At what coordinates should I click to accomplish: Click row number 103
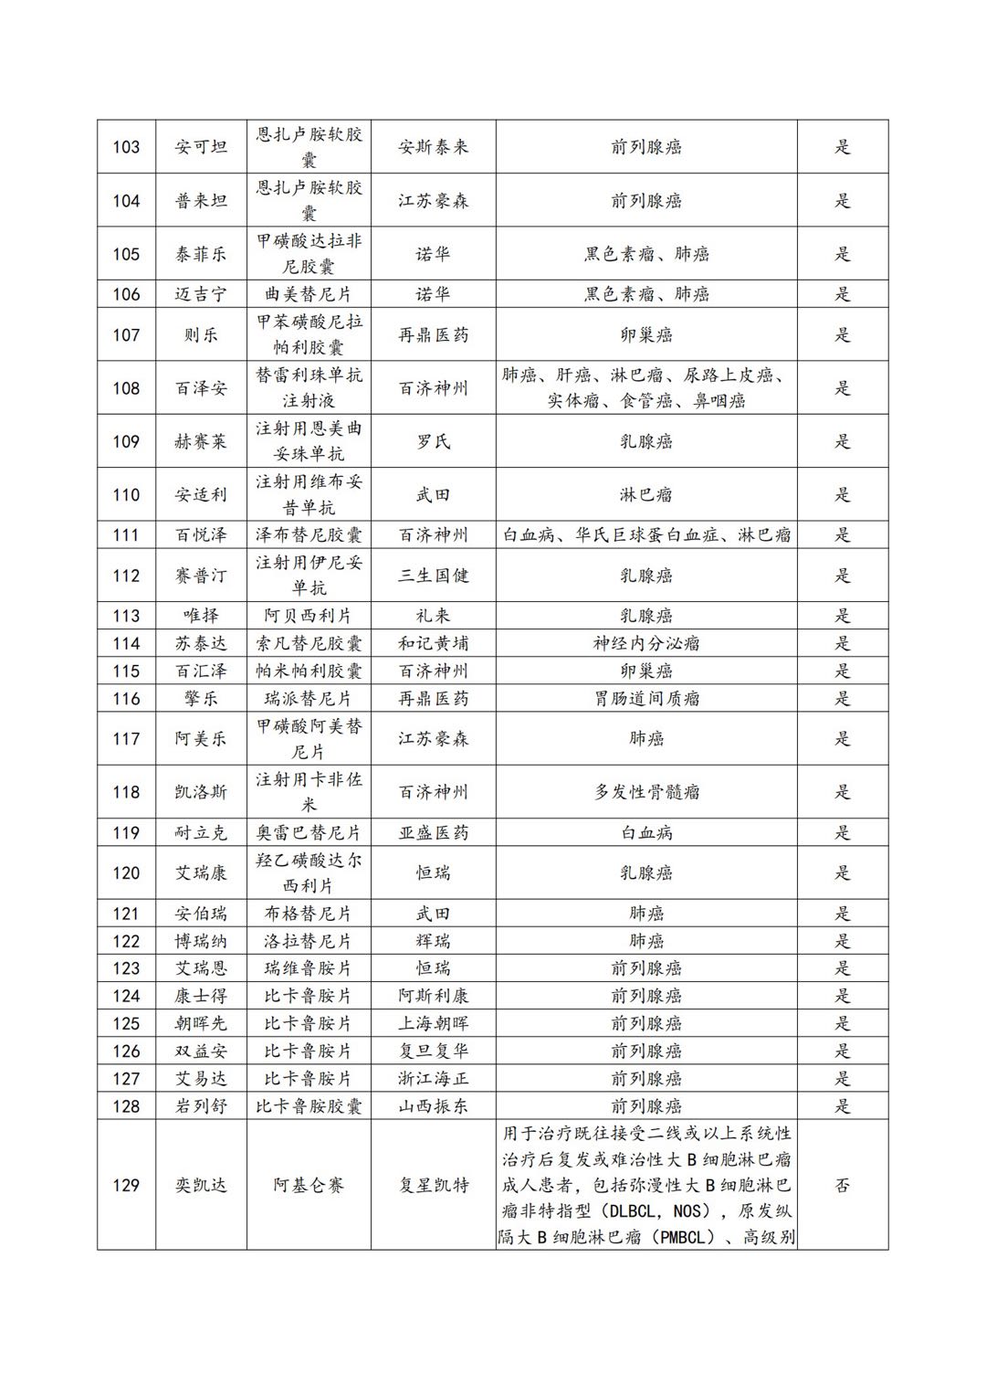pos(126,147)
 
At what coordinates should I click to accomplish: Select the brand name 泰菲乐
pos(201,254)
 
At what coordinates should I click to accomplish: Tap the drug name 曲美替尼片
pos(309,294)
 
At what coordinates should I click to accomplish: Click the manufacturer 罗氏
pos(433,442)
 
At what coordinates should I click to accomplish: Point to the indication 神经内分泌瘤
pos(645,643)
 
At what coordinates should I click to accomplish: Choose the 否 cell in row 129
pos(842,1185)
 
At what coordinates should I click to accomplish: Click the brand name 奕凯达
pos(201,1185)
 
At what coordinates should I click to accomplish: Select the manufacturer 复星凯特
pos(433,1185)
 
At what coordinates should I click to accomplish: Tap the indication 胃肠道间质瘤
pos(645,699)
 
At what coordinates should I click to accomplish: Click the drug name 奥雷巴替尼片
pos(309,832)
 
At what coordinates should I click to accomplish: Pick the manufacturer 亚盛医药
pos(433,832)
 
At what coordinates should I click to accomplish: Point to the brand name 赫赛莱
pos(201,442)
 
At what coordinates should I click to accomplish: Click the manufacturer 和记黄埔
pos(433,643)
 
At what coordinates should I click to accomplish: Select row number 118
pos(126,792)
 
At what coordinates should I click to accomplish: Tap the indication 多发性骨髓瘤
pos(645,792)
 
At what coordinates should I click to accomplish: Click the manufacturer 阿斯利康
pos(433,996)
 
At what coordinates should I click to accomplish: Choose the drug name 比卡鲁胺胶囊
pos(309,1106)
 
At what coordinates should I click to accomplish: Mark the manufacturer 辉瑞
pos(433,941)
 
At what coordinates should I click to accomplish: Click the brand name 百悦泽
pos(201,535)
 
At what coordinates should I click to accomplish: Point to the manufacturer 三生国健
pos(433,576)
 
